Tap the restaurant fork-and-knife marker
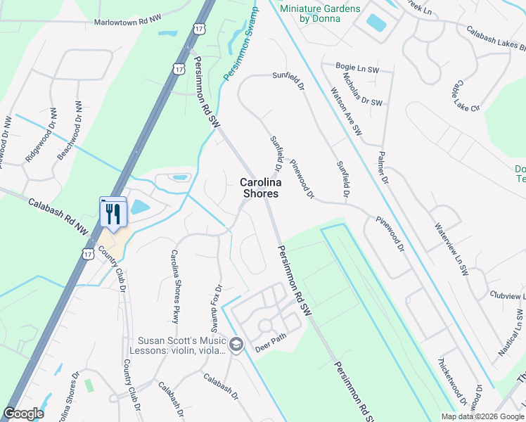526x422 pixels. coord(113,214)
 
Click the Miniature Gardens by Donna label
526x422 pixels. coord(320,13)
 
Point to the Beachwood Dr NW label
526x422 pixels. coord(69,130)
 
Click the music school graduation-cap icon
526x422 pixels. coord(236,344)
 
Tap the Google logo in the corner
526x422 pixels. coord(23,414)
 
